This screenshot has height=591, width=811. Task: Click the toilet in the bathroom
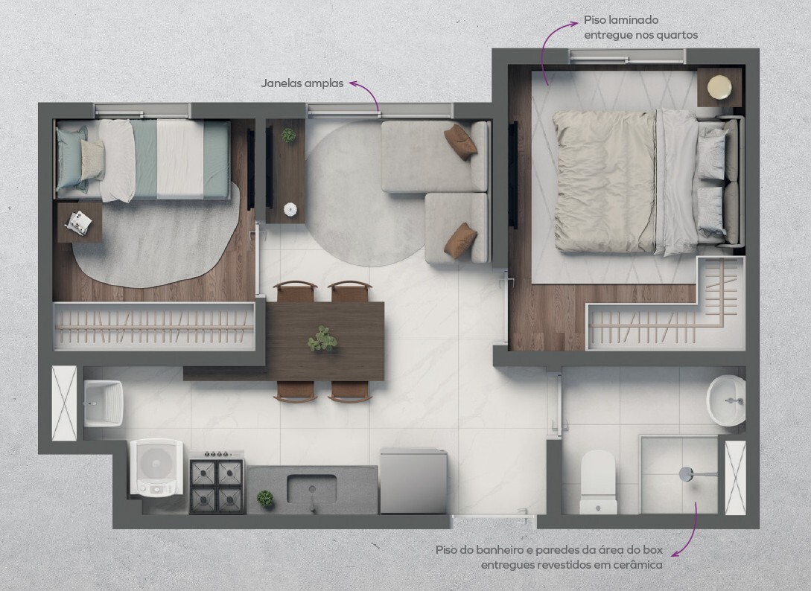[x=598, y=482]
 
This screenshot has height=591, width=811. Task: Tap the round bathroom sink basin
[x=726, y=400]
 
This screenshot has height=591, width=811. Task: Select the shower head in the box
[x=687, y=474]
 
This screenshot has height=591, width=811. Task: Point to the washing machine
[x=156, y=467]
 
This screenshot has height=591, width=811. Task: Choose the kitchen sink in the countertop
[x=311, y=489]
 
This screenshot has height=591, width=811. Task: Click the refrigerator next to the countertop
[x=413, y=481]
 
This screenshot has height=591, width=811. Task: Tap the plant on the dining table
[x=322, y=339]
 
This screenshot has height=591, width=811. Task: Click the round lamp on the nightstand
[x=719, y=87]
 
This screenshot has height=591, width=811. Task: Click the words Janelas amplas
[x=302, y=83]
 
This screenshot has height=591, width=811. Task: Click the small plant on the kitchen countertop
[x=265, y=499]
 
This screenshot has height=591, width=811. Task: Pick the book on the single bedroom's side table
[x=79, y=223]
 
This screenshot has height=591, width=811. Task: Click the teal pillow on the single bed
[x=72, y=159]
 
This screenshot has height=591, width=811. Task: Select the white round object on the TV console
[x=290, y=209]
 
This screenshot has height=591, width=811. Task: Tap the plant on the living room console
[x=289, y=135]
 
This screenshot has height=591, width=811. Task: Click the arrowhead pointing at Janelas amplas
[x=353, y=83]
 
